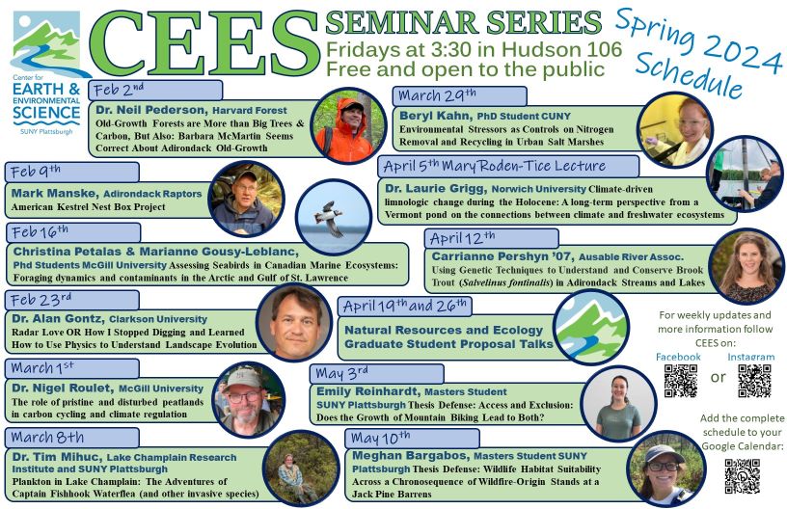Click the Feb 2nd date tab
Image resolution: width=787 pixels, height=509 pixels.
click(x=155, y=91)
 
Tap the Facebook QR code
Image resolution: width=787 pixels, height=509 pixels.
click(x=681, y=381)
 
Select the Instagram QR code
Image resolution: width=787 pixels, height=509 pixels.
click(x=754, y=381)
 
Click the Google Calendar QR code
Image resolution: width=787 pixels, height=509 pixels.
click(x=743, y=476)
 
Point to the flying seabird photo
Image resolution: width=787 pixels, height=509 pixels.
click(x=334, y=218)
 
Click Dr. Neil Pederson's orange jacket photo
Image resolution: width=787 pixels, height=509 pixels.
click(x=348, y=125)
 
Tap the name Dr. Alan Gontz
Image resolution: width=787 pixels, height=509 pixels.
click(x=58, y=319)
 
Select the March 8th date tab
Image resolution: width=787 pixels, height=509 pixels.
click(x=71, y=438)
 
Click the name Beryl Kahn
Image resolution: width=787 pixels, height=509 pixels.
click(x=435, y=116)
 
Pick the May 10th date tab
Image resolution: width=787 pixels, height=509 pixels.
click(x=412, y=439)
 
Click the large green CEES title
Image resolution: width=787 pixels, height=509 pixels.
click(x=204, y=44)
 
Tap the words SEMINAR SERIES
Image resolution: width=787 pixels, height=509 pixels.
click(x=463, y=22)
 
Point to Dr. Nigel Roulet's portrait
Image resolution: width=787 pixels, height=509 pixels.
click(x=249, y=400)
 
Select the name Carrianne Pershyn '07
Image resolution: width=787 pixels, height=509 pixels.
click(x=502, y=256)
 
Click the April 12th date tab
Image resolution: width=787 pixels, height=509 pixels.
click(x=491, y=239)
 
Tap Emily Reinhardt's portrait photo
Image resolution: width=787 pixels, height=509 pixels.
click(x=618, y=405)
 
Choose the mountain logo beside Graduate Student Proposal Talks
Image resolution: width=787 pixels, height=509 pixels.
click(x=591, y=327)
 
